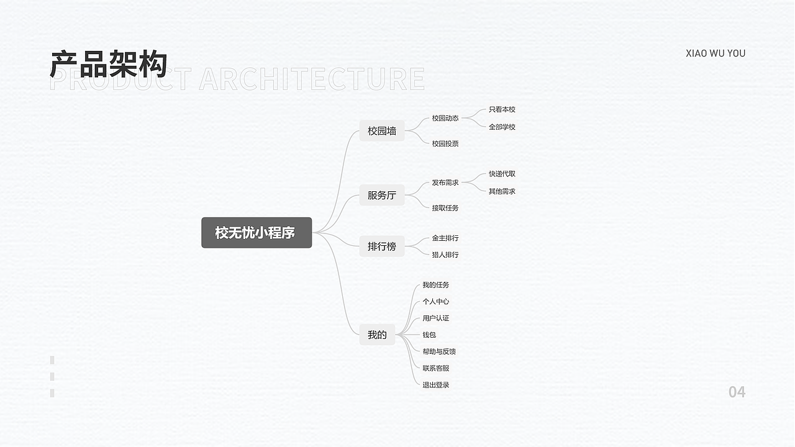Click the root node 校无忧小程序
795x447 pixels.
click(257, 233)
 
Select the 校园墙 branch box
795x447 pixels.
click(382, 131)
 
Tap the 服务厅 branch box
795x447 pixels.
click(382, 195)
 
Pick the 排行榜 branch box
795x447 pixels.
click(382, 246)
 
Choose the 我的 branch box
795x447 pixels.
click(377, 335)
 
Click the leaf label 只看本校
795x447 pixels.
click(502, 110)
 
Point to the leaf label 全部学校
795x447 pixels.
click(502, 127)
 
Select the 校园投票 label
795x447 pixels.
click(445, 143)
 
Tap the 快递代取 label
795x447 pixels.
click(502, 174)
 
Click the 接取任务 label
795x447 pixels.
click(445, 208)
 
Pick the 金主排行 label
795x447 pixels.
click(445, 238)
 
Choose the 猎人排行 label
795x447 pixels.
click(445, 255)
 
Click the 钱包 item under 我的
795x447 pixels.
click(429, 335)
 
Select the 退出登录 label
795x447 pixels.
click(436, 385)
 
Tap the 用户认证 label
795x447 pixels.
click(436, 318)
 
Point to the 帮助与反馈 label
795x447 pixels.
click(439, 351)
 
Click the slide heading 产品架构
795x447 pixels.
click(109, 64)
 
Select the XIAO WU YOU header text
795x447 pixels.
click(715, 53)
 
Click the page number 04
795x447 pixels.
click(737, 392)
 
